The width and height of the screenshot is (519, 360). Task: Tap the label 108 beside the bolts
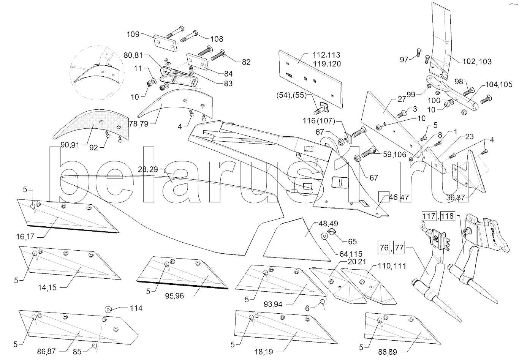tap(216, 39)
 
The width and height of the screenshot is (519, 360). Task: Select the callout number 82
tap(246, 62)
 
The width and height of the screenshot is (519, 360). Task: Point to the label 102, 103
tap(477, 61)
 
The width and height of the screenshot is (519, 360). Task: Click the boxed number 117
tap(427, 216)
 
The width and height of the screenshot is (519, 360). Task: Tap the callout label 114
tap(136, 308)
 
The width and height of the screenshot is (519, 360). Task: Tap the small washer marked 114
tap(108, 309)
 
